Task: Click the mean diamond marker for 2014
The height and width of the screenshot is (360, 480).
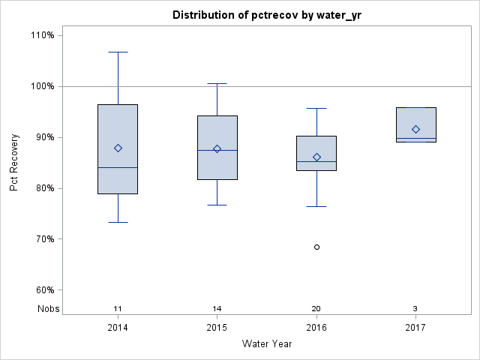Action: tap(118, 148)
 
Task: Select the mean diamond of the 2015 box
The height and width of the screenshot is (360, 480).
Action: tap(217, 148)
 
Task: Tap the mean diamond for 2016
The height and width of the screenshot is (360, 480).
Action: tap(316, 157)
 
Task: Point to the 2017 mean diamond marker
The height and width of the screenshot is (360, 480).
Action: tap(416, 129)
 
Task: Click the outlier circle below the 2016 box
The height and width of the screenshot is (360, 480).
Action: tap(316, 247)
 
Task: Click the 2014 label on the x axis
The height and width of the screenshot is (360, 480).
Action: tap(118, 328)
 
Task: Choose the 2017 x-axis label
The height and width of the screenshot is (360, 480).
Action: tap(416, 328)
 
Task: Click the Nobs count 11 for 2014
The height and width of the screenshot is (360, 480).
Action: tap(118, 309)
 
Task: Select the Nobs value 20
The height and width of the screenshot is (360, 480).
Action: tap(316, 309)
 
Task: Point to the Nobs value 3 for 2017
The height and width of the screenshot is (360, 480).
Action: tap(416, 309)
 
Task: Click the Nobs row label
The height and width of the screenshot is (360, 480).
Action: tap(49, 309)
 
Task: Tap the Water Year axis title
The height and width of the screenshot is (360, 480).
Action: tap(266, 344)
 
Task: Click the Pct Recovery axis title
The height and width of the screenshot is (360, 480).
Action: tap(15, 163)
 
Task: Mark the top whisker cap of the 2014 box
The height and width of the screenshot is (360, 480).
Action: tap(118, 52)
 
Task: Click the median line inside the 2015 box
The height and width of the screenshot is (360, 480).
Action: tap(217, 150)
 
